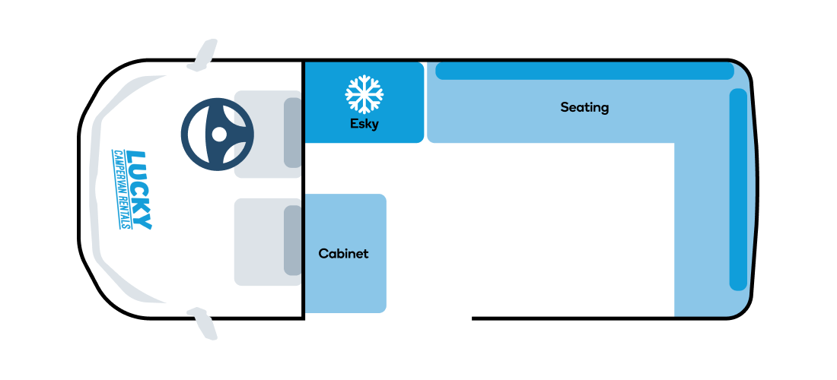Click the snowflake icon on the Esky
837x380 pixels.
pos(364,94)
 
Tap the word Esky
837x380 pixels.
pos(364,124)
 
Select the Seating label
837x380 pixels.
pos(584,108)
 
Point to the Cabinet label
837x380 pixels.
pos(343,254)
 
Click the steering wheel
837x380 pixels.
pos(218,135)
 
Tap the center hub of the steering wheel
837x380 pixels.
pos(219,135)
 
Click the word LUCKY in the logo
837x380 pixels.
pos(141,190)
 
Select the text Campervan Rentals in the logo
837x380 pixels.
pos(121,188)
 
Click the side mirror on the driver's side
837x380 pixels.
pos(203,55)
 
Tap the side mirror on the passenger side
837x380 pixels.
pos(203,324)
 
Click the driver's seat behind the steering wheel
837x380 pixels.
pos(267,135)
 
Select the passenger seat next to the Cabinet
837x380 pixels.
pos(267,242)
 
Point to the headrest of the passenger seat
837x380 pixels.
pos(292,240)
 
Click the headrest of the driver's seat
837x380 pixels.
pos(292,133)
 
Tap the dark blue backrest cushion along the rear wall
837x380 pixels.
pos(738,190)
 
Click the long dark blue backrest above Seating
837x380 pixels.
pos(584,71)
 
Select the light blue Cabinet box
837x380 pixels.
pos(345,253)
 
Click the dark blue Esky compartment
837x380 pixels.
pos(364,103)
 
